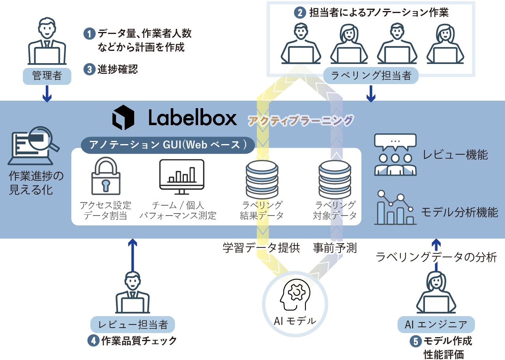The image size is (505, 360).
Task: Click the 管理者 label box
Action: tap(47, 76)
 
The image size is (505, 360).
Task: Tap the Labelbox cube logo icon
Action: tap(123, 117)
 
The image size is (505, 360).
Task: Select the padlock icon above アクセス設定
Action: tap(105, 177)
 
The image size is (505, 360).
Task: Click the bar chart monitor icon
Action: tap(181, 176)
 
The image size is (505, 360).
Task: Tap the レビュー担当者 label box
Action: tap(133, 324)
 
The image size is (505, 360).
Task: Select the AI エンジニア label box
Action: tap(436, 324)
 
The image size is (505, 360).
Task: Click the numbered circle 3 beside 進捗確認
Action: tap(90, 69)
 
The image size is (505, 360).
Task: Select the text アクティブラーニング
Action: tap(300, 120)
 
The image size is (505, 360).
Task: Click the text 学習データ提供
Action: tap(261, 248)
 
